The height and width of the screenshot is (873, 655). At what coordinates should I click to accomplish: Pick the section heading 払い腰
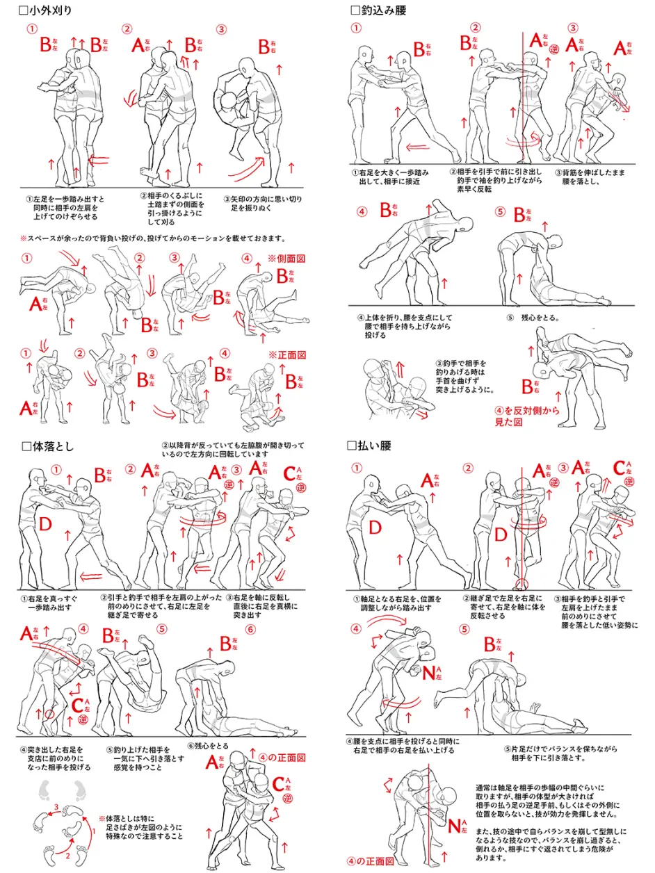coord(374,446)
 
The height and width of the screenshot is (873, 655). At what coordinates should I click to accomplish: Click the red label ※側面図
coord(286,259)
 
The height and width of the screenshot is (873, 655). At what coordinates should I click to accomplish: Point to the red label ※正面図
coord(286,354)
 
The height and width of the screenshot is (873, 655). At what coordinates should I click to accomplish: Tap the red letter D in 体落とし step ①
coord(46,525)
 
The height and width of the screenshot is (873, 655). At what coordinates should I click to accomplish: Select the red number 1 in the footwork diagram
coord(93,831)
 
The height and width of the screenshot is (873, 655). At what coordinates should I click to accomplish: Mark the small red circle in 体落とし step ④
coord(48,714)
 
